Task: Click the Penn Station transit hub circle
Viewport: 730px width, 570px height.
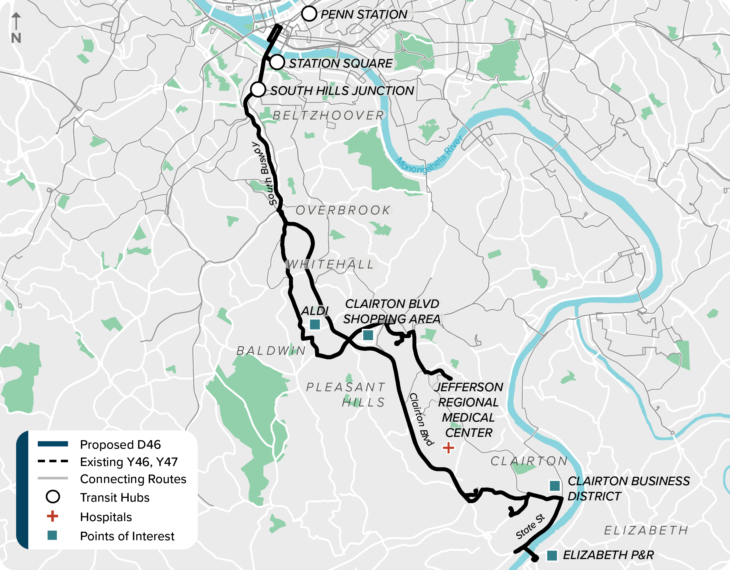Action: [x=309, y=14]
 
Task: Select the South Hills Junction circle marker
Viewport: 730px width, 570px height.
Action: [x=258, y=90]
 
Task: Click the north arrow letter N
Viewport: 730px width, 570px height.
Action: [x=16, y=38]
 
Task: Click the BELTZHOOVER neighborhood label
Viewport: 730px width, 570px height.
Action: [x=328, y=116]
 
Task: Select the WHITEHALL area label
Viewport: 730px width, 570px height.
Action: [x=330, y=264]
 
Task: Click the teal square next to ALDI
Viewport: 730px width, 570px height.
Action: [x=315, y=324]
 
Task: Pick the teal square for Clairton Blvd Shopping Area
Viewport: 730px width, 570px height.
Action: [x=368, y=335]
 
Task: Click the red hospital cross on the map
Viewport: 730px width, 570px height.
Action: [x=448, y=448]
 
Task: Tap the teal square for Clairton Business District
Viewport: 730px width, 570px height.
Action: [x=555, y=486]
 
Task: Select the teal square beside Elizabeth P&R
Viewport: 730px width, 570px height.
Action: [x=552, y=556]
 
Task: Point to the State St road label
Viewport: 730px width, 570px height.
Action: [x=530, y=527]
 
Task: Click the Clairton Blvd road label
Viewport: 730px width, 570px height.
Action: [x=421, y=419]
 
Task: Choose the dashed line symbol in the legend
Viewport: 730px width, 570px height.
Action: [x=53, y=461]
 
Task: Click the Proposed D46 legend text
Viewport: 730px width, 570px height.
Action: [x=120, y=445]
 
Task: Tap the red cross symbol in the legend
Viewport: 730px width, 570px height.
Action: [x=53, y=516]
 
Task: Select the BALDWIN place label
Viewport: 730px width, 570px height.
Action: [x=271, y=351]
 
